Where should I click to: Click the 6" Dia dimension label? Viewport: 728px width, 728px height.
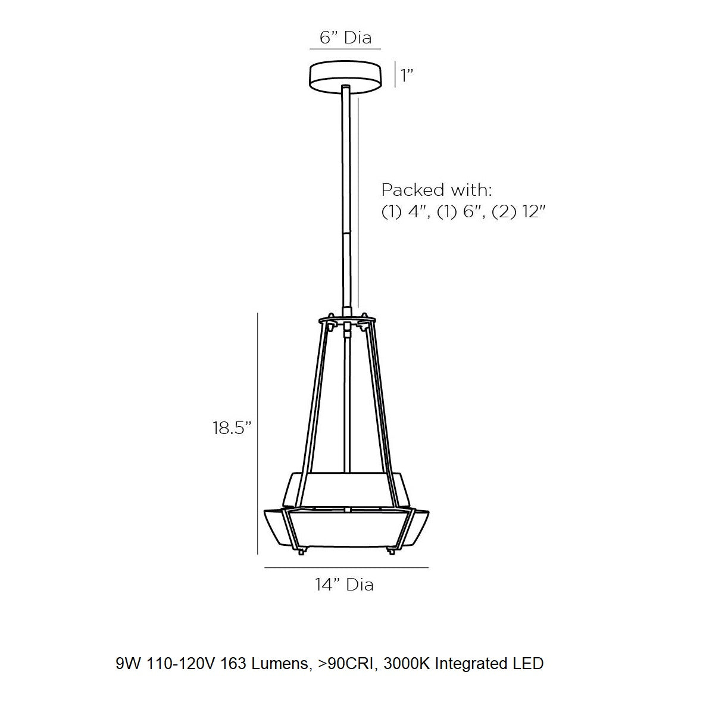click(345, 38)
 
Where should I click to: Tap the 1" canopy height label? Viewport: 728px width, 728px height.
click(407, 76)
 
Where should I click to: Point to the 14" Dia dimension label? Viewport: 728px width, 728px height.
click(345, 585)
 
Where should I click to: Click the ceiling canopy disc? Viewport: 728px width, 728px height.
click(345, 75)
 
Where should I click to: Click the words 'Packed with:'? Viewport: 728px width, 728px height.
click(437, 190)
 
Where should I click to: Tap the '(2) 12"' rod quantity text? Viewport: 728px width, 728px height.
click(519, 211)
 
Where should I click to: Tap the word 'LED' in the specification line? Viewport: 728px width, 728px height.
click(527, 663)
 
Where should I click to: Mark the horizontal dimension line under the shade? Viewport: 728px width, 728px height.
click(346, 568)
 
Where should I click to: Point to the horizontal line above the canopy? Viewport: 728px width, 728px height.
click(345, 49)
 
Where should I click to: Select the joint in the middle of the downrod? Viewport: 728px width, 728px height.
click(346, 229)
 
